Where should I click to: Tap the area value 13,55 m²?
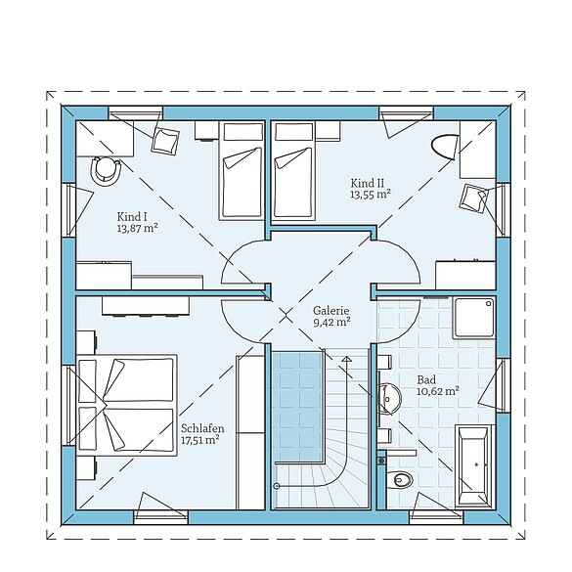371,195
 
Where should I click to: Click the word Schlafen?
202,428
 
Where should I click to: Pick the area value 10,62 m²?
438,391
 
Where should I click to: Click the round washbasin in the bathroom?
390,397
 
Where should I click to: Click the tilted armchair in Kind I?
164,142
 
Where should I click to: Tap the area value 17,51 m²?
199,440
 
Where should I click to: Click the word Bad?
425,378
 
